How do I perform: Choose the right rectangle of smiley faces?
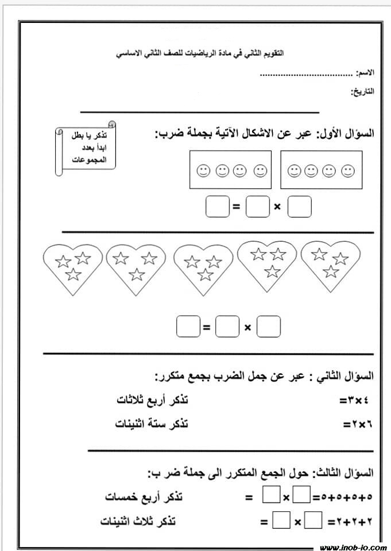321,170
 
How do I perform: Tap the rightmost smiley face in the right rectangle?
348,170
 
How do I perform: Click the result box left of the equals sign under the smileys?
217,207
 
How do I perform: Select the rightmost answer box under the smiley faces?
299,207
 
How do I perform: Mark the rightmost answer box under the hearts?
269,327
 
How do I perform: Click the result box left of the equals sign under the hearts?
187,327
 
